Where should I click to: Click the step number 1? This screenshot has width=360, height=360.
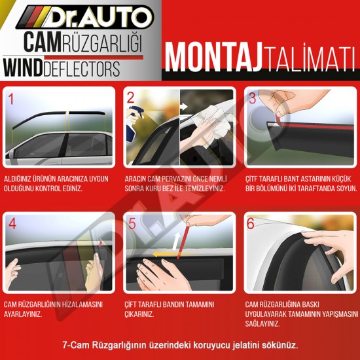coord(10,99)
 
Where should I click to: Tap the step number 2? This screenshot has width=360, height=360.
coord(131,99)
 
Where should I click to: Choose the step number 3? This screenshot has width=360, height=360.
coord(252,99)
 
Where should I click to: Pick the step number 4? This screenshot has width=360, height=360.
coord(12,224)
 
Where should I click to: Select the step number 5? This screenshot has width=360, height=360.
coord(132,224)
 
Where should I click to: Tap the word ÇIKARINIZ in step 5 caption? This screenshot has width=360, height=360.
coord(139,314)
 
